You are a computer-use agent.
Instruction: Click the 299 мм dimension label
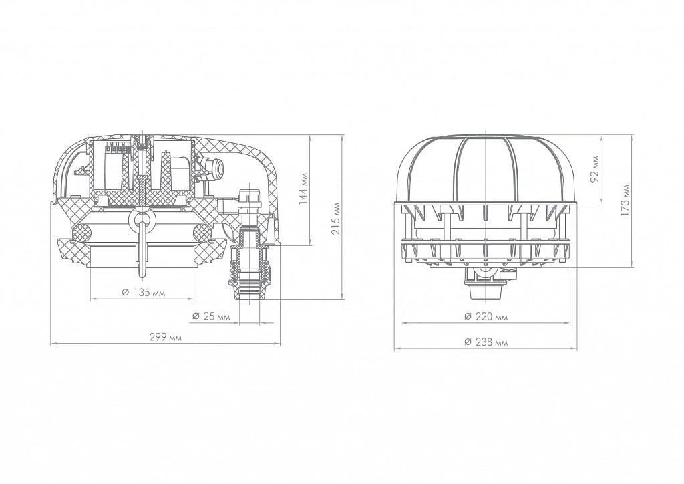(166, 338)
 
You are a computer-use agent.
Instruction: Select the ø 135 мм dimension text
(144, 292)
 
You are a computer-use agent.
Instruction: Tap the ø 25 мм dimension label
(210, 316)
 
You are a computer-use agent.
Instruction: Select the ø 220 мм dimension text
(486, 316)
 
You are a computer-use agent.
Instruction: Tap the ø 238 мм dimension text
(486, 342)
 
